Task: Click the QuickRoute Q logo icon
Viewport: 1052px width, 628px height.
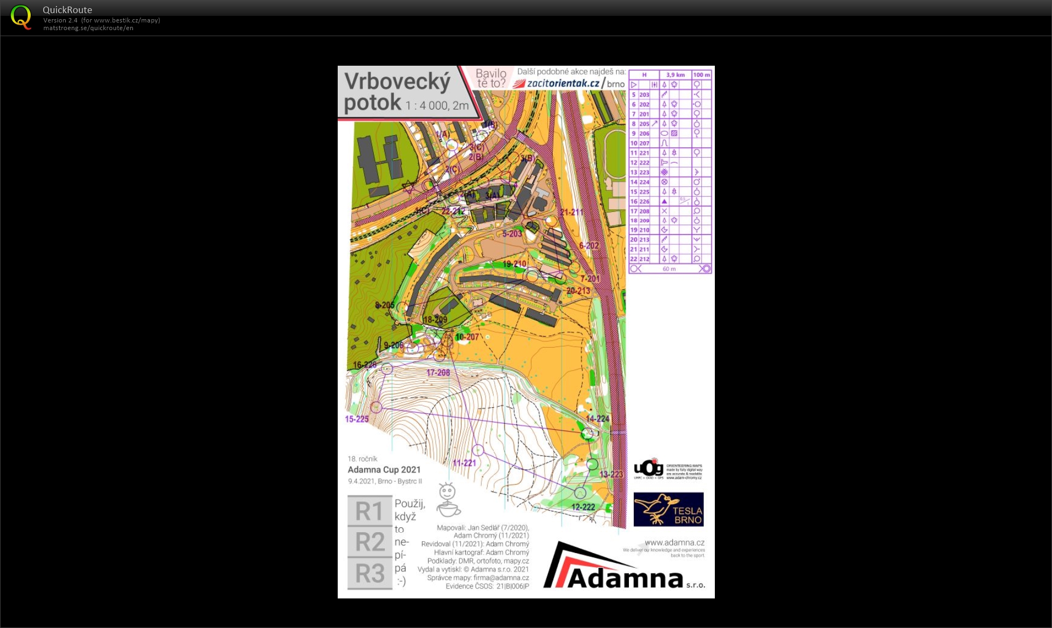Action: pos(21,17)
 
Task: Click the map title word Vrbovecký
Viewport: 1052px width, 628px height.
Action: pos(397,82)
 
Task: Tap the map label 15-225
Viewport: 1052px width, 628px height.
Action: pos(356,419)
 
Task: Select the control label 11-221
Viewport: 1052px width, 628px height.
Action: pos(464,463)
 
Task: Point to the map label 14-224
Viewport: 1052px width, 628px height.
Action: pos(597,419)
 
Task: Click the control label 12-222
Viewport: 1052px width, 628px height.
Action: pos(583,507)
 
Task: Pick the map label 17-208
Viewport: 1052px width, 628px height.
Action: pos(438,373)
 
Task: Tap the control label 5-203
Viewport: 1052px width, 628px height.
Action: pos(512,234)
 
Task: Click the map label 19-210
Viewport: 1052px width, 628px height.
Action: pos(515,264)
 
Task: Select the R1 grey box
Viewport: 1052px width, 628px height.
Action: pos(370,511)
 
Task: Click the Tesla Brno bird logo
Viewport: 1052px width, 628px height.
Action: pos(668,509)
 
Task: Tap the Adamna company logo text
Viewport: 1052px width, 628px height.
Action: pos(624,578)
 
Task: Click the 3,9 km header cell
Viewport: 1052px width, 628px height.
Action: pos(675,75)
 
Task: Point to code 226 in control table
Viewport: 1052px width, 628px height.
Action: pos(644,201)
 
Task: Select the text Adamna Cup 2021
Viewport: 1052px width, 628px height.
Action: pos(384,470)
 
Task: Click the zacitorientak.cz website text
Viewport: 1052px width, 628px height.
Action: pos(563,83)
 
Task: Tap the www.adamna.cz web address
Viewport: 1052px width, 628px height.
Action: pos(674,543)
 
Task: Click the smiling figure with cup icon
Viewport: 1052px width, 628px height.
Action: pos(448,500)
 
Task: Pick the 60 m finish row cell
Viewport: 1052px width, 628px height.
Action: pos(669,269)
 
